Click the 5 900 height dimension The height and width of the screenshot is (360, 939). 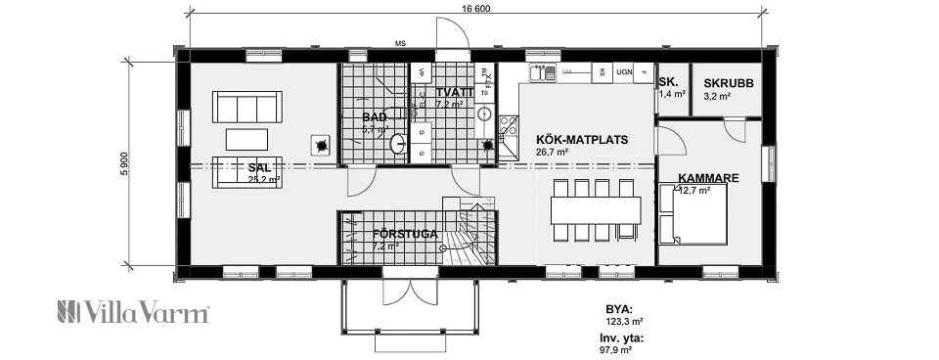tap(125, 163)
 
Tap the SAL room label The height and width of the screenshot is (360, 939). tap(258, 167)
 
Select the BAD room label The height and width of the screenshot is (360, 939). tap(374, 117)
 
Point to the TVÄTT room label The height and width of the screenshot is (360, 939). tap(455, 92)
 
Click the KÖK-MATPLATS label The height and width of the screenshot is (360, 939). tap(582, 139)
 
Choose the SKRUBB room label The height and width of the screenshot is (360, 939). tap(729, 83)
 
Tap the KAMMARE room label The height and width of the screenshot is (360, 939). tap(707, 178)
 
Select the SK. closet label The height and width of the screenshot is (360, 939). tap(668, 82)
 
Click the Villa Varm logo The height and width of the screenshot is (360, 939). tap(134, 313)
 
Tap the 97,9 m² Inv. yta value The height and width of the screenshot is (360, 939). tap(615, 348)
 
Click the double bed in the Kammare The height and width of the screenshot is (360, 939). tap(693, 214)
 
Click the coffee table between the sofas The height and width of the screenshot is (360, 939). tap(246, 138)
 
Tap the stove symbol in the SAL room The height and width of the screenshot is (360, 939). tap(319, 146)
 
